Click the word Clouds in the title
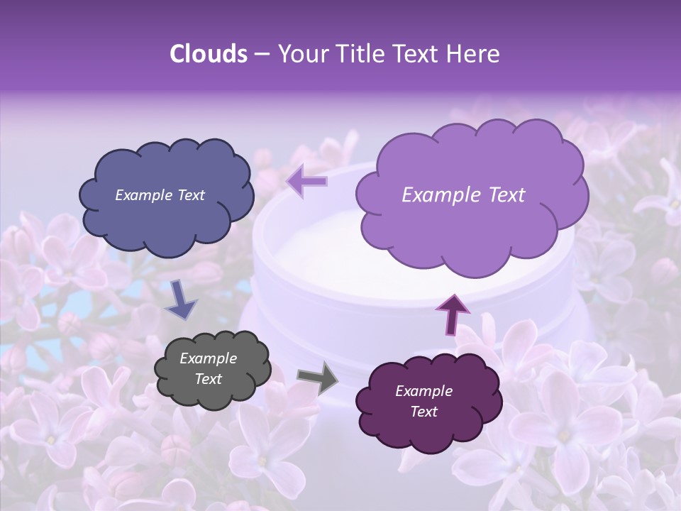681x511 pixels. pos(208,54)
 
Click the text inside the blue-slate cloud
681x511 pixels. pos(160,195)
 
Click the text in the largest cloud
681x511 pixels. pos(463,195)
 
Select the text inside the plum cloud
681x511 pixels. pos(423,401)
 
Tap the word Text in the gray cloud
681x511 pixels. pos(208,379)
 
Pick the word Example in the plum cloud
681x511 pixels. pos(423,391)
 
